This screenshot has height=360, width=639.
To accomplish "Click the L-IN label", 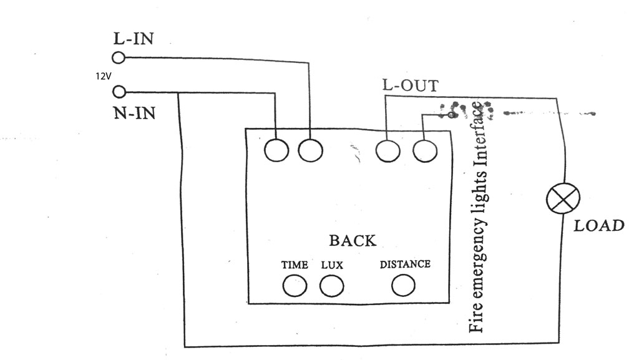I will click(133, 38).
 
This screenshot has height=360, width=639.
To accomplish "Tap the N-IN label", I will click(134, 114).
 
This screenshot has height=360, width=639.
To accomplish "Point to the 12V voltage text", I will click(102, 76).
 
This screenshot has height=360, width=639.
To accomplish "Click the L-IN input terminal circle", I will click(119, 58).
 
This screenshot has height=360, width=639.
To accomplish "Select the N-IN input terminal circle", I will click(119, 93).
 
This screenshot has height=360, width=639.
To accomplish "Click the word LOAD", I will click(599, 225).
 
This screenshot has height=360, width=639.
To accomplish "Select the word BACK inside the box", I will click(353, 240).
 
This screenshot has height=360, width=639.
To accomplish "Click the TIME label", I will click(295, 265).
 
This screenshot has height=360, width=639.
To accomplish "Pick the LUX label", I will click(333, 265).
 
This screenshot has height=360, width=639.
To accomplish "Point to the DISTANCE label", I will click(405, 264).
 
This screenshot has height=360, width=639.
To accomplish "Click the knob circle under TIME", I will click(295, 286).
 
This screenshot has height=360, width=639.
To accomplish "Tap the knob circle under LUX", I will click(332, 286).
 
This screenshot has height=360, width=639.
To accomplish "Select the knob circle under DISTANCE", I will click(404, 285).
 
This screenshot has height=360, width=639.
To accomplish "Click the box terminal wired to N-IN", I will click(276, 150).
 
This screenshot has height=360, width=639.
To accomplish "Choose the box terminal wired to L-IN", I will click(310, 150).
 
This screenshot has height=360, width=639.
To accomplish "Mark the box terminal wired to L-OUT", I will click(388, 150).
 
